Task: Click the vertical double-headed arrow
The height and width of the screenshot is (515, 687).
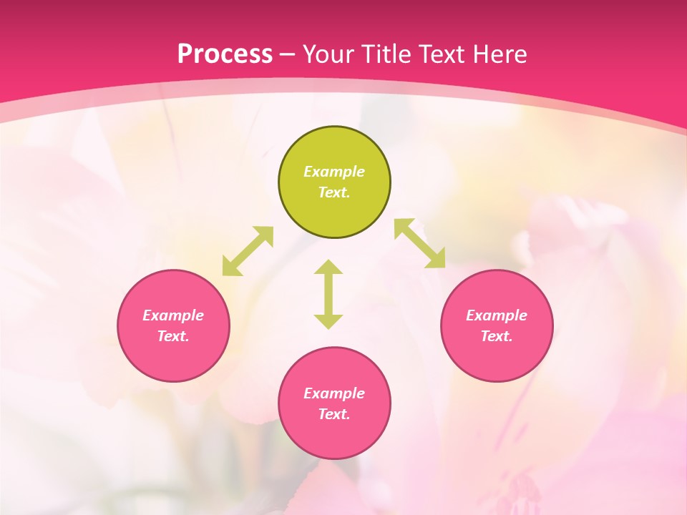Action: coord(328,294)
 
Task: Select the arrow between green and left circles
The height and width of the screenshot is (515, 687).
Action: coord(248,251)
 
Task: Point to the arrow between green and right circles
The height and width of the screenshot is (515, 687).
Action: coord(419,243)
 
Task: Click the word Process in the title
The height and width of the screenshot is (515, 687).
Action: coord(225,54)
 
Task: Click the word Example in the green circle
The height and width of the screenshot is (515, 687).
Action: coord(334,172)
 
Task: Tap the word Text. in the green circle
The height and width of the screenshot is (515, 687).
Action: coord(334,192)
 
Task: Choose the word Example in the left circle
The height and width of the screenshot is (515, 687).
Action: coord(173,315)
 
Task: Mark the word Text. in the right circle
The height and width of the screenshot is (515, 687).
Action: coord(497,336)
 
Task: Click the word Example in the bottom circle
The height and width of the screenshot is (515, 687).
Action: coord(334,393)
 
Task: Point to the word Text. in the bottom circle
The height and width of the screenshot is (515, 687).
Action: coord(334,414)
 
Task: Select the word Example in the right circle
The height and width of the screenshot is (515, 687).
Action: coord(497,315)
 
